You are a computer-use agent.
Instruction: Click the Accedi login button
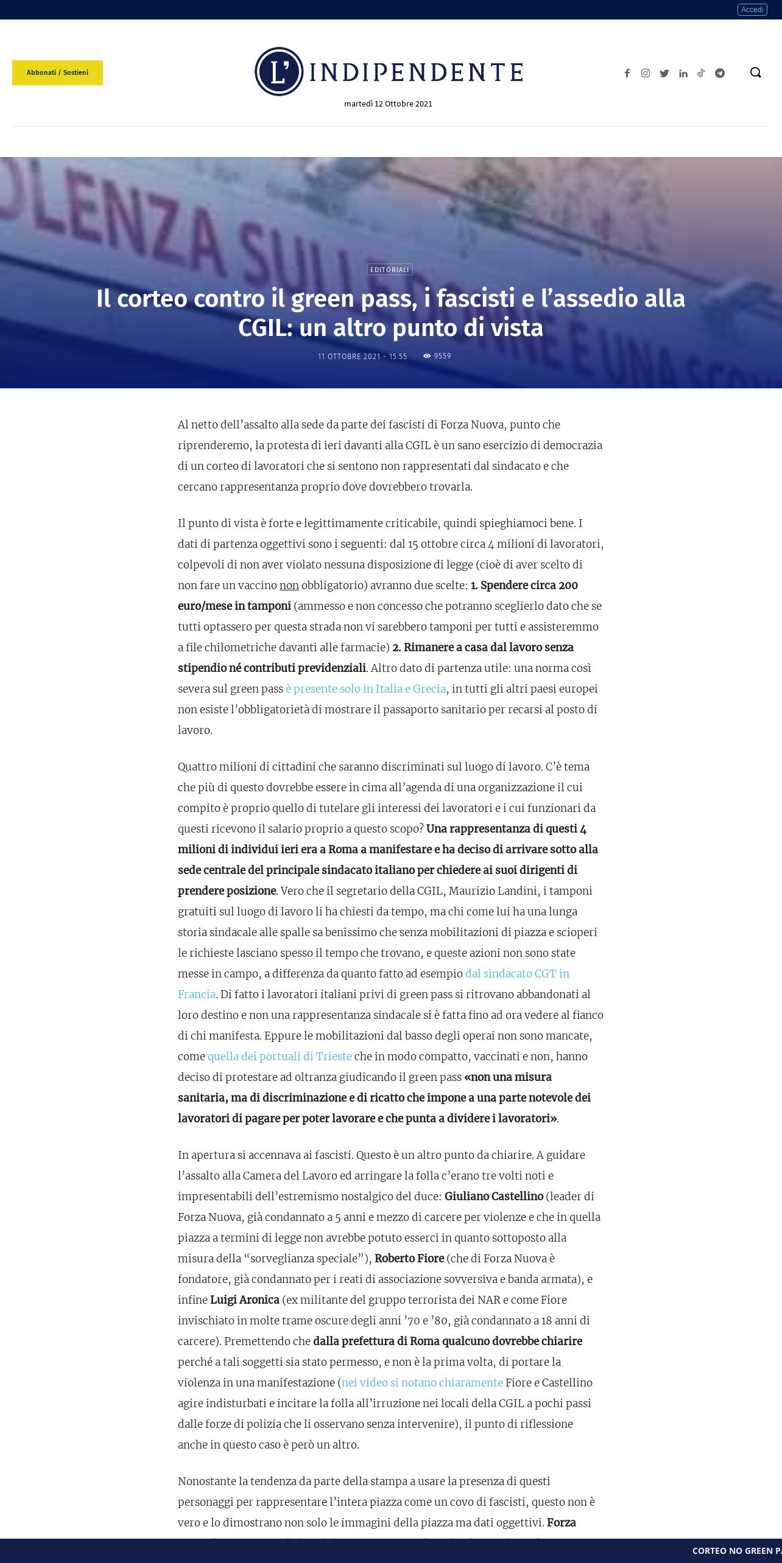click(752, 10)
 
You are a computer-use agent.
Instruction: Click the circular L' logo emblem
click(279, 72)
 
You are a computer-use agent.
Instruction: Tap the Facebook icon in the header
click(627, 73)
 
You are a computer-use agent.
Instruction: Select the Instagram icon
click(646, 73)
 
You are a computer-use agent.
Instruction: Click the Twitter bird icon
click(664, 73)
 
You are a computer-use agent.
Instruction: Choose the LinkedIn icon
click(683, 73)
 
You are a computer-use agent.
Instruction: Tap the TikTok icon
click(701, 73)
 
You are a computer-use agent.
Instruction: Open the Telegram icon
click(720, 73)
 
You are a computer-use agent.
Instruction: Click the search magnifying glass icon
click(755, 72)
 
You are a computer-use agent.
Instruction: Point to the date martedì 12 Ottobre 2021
click(388, 104)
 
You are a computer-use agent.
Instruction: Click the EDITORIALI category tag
click(390, 270)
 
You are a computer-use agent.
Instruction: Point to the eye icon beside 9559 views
click(427, 356)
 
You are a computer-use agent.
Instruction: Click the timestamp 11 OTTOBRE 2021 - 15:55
click(362, 357)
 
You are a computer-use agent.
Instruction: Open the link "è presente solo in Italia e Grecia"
click(365, 688)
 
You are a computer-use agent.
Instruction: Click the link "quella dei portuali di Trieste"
click(280, 1056)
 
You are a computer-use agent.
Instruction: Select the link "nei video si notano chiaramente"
click(422, 1382)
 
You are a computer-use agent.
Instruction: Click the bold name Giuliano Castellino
click(494, 1196)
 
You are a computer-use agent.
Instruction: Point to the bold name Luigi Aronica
click(245, 1299)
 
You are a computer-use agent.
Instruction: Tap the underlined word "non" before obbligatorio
click(289, 585)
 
